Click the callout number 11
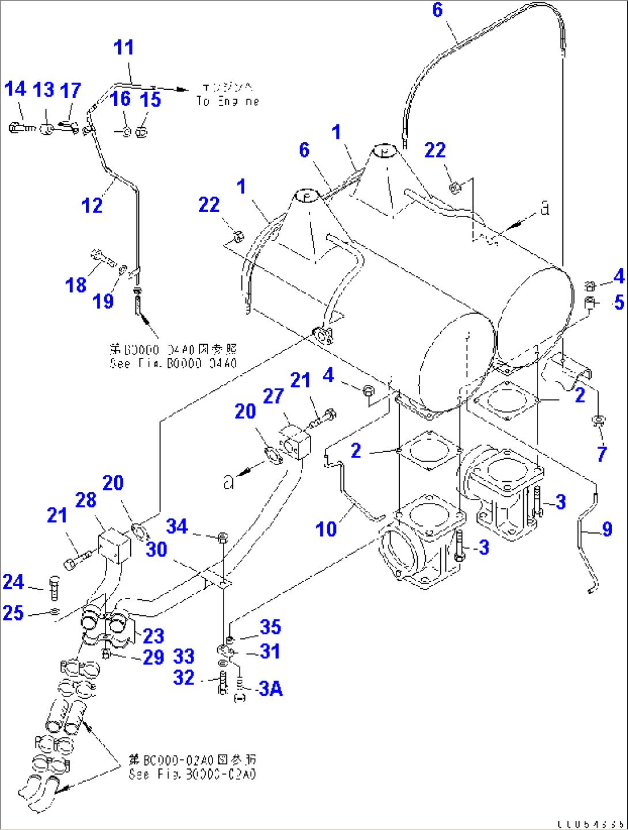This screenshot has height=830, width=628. coord(124,47)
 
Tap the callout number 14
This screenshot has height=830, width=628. coord(15,89)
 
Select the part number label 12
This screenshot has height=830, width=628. coord(92,205)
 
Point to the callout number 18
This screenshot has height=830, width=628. coord(75,285)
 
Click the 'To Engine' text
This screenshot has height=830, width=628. coord(228,101)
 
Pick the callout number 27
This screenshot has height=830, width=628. coord(273,396)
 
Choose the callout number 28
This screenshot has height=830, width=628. coord(86,500)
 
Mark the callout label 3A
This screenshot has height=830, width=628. coord(270,688)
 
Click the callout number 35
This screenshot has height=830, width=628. coord(270,627)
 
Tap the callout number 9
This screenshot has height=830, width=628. coord(607,529)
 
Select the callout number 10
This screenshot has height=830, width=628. coord(326,529)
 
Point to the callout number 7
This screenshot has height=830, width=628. coord(601,454)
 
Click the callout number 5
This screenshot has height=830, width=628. coord(619,302)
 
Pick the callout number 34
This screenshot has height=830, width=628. coord(177,526)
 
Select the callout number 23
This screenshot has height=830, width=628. coord(153,636)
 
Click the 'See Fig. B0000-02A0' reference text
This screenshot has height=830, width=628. coord(192,774)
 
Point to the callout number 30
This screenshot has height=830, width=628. coord(156,550)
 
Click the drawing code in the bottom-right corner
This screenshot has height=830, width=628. coord(590,824)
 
